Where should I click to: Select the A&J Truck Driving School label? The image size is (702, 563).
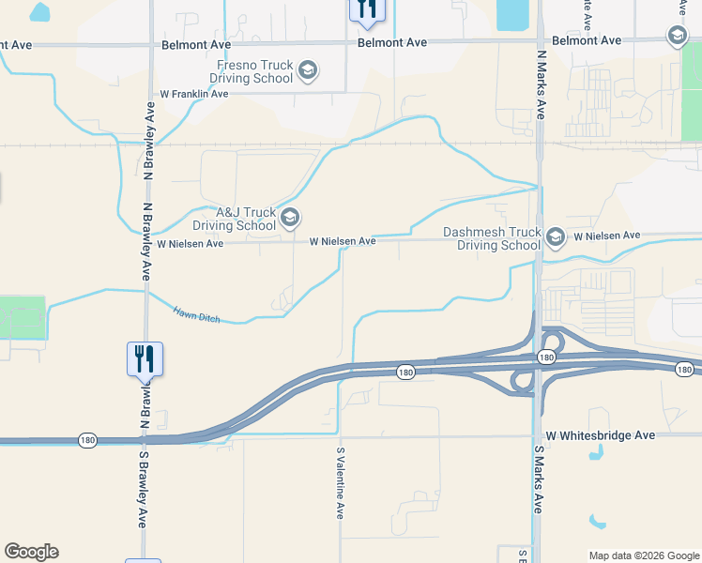[x=235, y=219]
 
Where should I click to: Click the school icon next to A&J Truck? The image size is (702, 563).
[x=290, y=219]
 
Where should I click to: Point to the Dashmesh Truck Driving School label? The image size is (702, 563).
[x=493, y=238]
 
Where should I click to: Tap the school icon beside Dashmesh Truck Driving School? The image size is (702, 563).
[x=556, y=236]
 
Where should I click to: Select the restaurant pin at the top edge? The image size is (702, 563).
[x=364, y=8]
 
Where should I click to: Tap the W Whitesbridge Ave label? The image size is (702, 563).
[x=601, y=435]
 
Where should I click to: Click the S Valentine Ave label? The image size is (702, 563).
[x=341, y=483]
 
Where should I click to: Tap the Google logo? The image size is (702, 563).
[x=31, y=552]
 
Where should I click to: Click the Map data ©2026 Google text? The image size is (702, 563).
[x=643, y=555]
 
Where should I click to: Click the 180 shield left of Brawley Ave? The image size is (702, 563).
[x=87, y=440]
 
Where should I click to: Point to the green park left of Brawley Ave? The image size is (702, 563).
[x=23, y=317]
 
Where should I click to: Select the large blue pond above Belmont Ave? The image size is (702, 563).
[x=511, y=14]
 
